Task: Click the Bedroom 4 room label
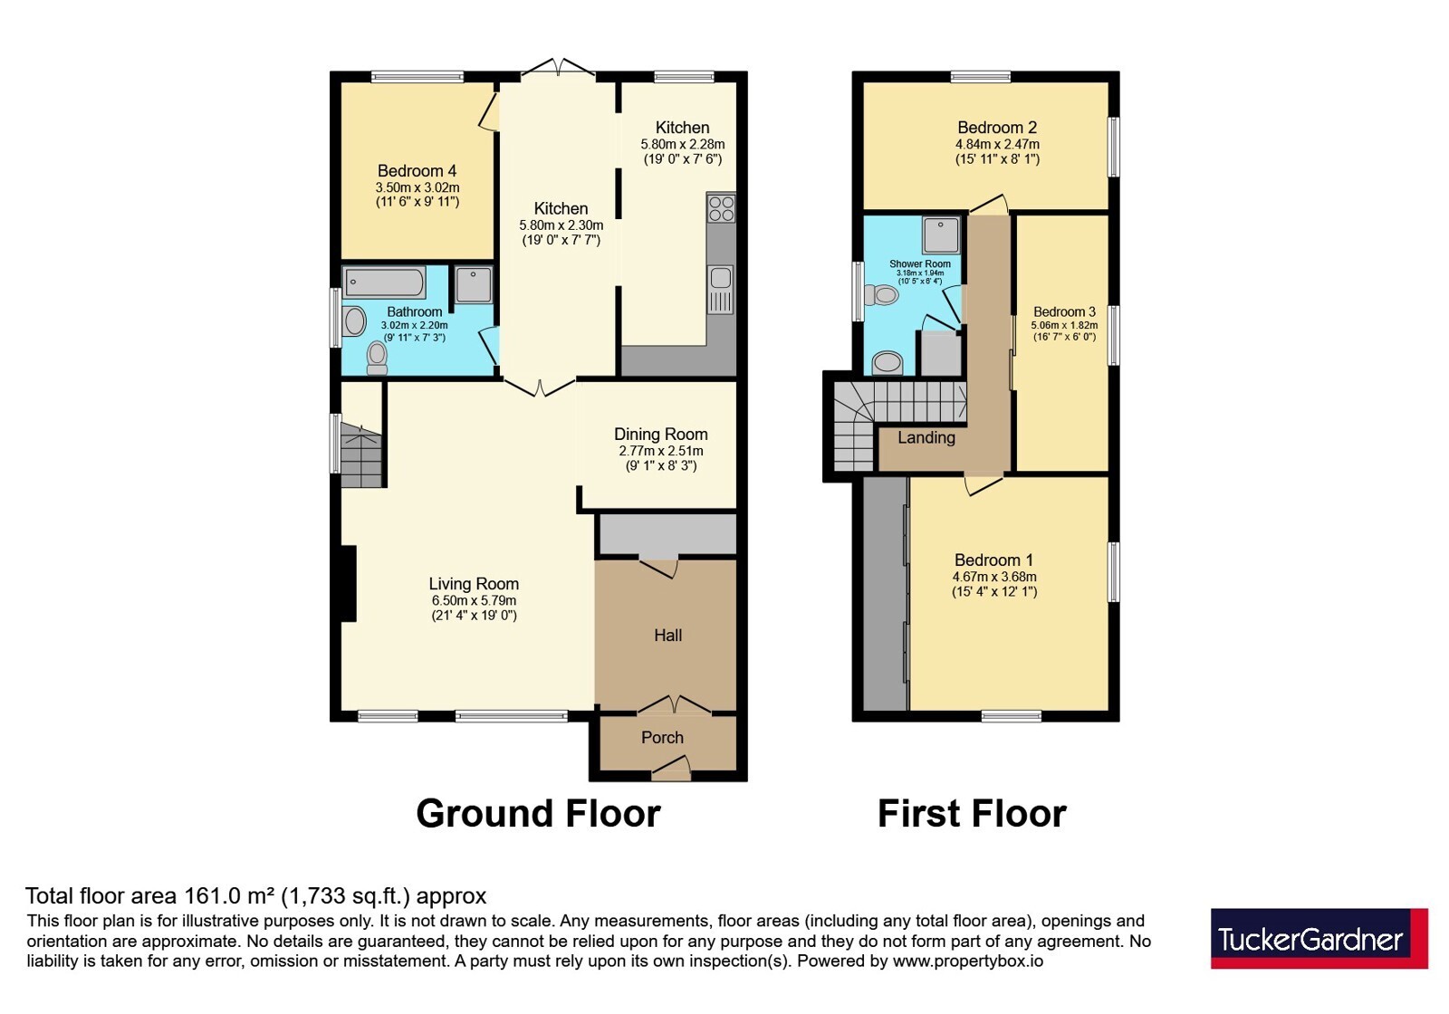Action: point(417,171)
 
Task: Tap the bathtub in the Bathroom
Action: point(384,282)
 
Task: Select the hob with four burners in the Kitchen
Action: point(721,207)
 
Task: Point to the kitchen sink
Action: point(721,290)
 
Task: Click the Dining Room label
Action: point(660,434)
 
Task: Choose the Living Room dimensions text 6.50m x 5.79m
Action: point(475,600)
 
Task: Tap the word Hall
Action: point(667,635)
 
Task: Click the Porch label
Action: point(662,737)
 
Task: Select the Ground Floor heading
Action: point(538,814)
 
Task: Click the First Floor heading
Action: point(972,814)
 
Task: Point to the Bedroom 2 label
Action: point(997,128)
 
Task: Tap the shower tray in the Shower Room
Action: point(941,235)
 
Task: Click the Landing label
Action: point(926,438)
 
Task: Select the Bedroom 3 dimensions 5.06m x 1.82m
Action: point(1063,325)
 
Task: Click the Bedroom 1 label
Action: point(993,560)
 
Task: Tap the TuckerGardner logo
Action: point(1319,938)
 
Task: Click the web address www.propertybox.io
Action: point(968,961)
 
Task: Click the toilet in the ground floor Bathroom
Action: point(377,359)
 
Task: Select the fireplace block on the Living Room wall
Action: point(349,584)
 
